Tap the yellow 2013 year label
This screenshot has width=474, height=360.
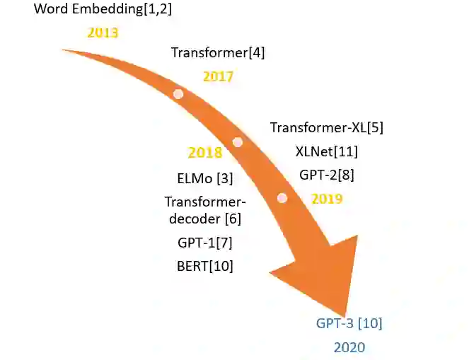pos(103,33)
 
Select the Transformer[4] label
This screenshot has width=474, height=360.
pos(218,52)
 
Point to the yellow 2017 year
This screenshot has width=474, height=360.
pos(218,76)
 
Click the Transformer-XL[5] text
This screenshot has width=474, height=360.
pos(326,128)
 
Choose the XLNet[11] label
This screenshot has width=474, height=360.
pos(326,151)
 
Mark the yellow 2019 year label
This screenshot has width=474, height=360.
pos(327,199)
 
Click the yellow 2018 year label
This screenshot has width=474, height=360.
pos(205,153)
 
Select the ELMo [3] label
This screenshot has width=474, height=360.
pos(204,178)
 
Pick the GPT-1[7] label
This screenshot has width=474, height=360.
pos(205,243)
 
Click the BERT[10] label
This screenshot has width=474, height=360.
pos(205,266)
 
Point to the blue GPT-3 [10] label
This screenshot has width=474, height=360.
pos(349,324)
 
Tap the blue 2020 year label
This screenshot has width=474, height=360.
pos(349,347)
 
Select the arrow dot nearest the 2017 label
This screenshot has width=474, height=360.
pos(178,94)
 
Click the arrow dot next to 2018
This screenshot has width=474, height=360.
pos(238,142)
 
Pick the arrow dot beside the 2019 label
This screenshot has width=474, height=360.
pos(282,198)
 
